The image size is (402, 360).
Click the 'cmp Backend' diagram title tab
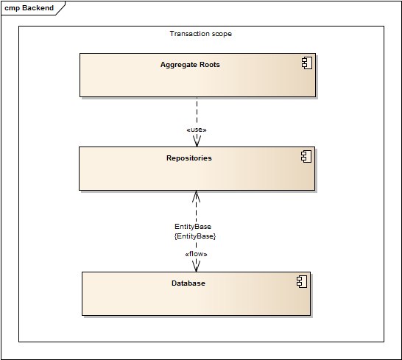click(x=29, y=8)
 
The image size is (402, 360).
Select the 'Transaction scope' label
click(x=200, y=34)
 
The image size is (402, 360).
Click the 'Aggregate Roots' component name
click(x=190, y=65)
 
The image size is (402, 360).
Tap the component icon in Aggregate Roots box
click(x=308, y=65)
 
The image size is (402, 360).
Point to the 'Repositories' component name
click(x=188, y=158)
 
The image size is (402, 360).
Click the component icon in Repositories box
click(x=306, y=157)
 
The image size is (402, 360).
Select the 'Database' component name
click(x=188, y=283)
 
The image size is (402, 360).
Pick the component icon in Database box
click(x=301, y=282)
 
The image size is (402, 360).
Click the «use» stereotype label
click(x=196, y=130)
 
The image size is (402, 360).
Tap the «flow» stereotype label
click(x=196, y=255)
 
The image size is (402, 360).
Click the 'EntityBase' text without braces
click(x=193, y=227)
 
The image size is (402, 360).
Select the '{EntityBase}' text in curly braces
click(x=194, y=236)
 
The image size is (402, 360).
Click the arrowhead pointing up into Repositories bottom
click(x=196, y=196)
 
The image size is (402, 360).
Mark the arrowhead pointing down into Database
click(x=196, y=267)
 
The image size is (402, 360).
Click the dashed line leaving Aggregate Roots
click(x=197, y=110)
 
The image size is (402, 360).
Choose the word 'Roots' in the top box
click(x=208, y=65)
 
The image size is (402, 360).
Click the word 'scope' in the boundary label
click(x=222, y=34)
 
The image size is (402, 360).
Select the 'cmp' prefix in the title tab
click(x=11, y=8)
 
